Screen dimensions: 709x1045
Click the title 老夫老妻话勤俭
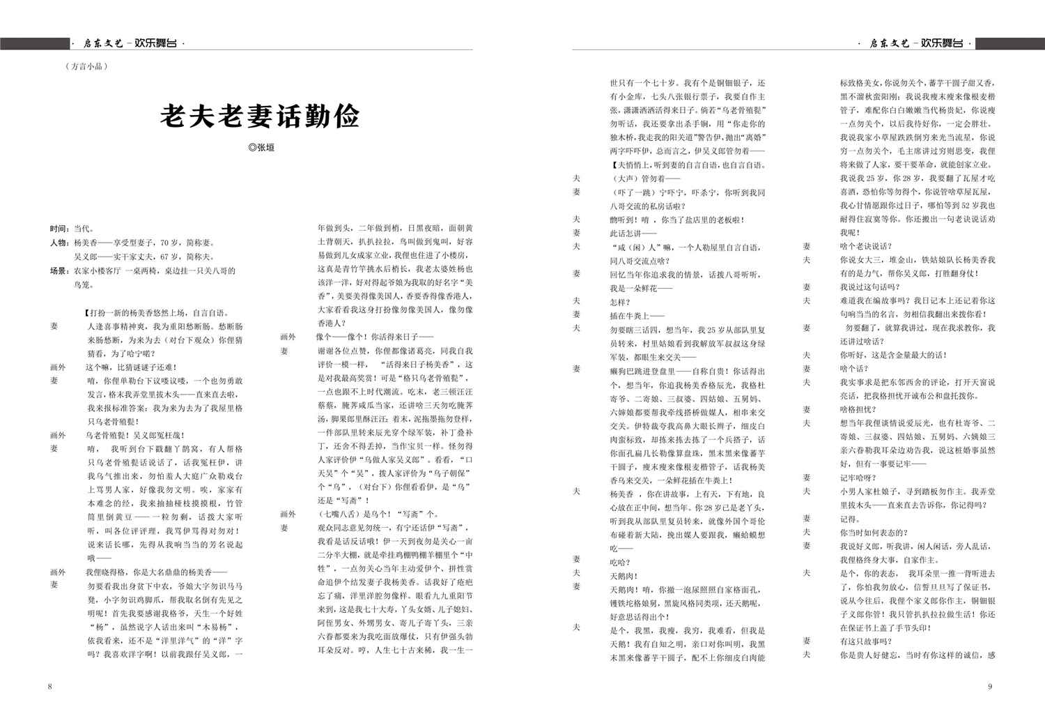pos(260,116)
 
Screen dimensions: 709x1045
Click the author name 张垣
pos(261,148)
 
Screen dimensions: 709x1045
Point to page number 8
pos(49,686)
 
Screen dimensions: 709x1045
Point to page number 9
pos(989,686)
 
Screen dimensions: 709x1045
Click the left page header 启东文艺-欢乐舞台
pos(129,43)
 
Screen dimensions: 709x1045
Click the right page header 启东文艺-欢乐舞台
pos(917,43)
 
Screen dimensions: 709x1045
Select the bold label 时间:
pos(59,229)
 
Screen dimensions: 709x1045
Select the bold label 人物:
pos(59,243)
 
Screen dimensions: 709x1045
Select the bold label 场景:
pos(59,270)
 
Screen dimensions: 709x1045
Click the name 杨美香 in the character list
pos(87,243)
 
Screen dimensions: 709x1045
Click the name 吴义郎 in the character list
pos(87,257)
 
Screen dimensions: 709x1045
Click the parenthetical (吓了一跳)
pos(632,192)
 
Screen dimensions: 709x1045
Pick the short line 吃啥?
pos(620,562)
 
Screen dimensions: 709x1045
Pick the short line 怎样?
pos(620,301)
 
